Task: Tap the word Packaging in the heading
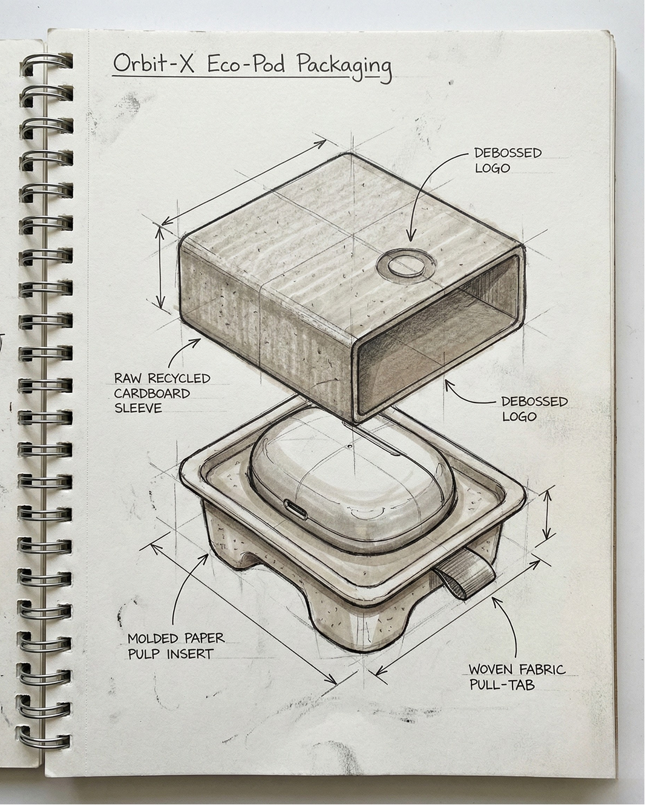point(344,66)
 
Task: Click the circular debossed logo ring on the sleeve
point(406,265)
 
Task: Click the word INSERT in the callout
point(191,653)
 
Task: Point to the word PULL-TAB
point(502,685)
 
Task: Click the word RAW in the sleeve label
point(127,378)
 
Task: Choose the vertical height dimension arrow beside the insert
point(547,515)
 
